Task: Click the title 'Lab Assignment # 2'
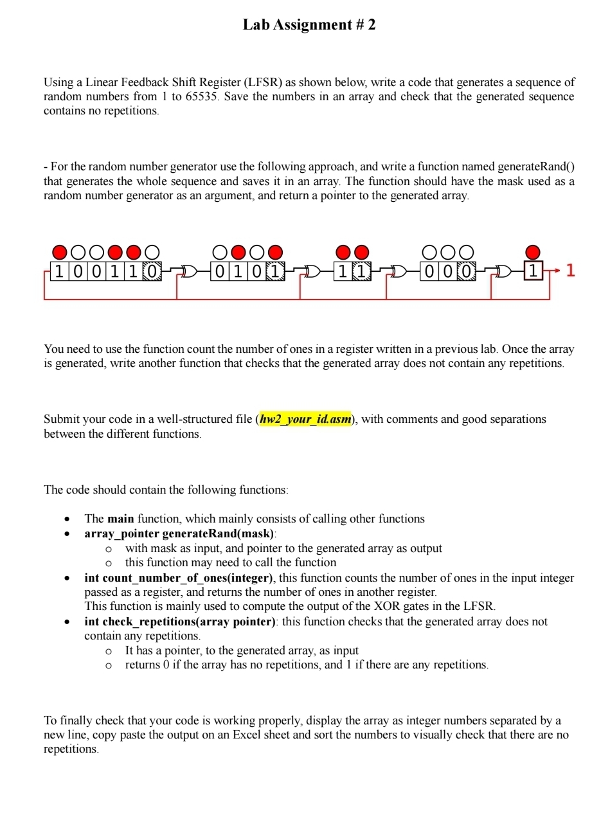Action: click(309, 25)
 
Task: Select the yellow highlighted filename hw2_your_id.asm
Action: click(306, 420)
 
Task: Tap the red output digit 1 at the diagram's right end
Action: click(570, 271)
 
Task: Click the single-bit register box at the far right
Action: click(533, 271)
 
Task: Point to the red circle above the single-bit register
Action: click(533, 251)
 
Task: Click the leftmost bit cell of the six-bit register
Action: click(59, 271)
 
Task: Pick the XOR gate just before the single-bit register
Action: click(505, 271)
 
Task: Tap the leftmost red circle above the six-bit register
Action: click(59, 251)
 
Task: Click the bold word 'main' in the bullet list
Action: click(120, 519)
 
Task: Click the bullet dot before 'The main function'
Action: click(67, 519)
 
